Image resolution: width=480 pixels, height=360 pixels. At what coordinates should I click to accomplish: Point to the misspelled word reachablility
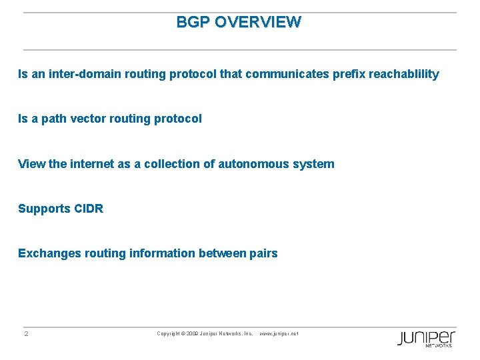[399, 74]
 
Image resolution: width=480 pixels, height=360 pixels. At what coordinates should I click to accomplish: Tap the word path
[53, 119]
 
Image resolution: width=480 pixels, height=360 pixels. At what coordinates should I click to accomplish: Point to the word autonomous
[254, 163]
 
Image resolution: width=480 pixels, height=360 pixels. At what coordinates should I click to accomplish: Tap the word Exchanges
[45, 253]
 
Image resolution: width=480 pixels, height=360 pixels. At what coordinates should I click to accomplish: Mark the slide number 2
[26, 333]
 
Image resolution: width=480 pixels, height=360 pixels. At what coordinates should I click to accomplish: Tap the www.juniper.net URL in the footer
[279, 333]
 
